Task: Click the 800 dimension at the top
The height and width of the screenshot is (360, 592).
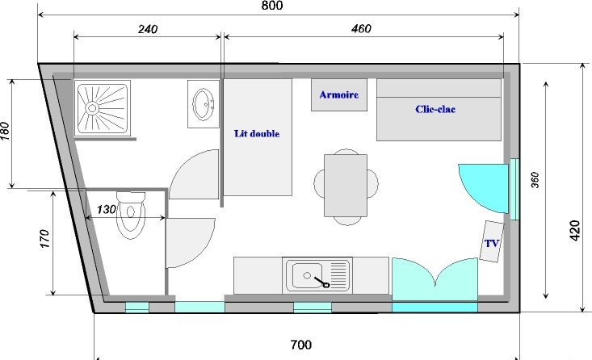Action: pos(272,6)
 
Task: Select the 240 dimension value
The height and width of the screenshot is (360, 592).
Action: pos(148,29)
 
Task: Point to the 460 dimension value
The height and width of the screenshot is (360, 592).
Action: pos(361,29)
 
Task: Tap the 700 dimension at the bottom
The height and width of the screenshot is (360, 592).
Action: pos(301,344)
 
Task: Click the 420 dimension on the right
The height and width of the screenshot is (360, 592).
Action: pos(574,230)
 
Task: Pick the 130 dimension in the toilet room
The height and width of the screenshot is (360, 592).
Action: pos(107,209)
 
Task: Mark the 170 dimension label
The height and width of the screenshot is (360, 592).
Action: pos(44,238)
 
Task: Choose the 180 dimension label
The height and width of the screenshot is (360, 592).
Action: pos(5,131)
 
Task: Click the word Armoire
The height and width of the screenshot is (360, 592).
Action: pos(339,94)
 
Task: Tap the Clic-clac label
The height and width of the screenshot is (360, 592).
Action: pos(435,109)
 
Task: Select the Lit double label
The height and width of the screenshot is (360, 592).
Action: pos(257,133)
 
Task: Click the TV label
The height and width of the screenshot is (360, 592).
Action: pos(492,244)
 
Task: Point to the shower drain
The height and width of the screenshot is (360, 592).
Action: pos(92,108)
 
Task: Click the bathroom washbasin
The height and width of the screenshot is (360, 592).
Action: pos(204,104)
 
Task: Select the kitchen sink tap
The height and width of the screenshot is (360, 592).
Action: pos(322,282)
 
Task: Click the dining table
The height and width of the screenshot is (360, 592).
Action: pos(346,186)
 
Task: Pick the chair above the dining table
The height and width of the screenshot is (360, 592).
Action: pos(346,152)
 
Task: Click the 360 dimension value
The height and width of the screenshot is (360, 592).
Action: pos(535,180)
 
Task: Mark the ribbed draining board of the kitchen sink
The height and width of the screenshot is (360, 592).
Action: pos(338,274)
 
